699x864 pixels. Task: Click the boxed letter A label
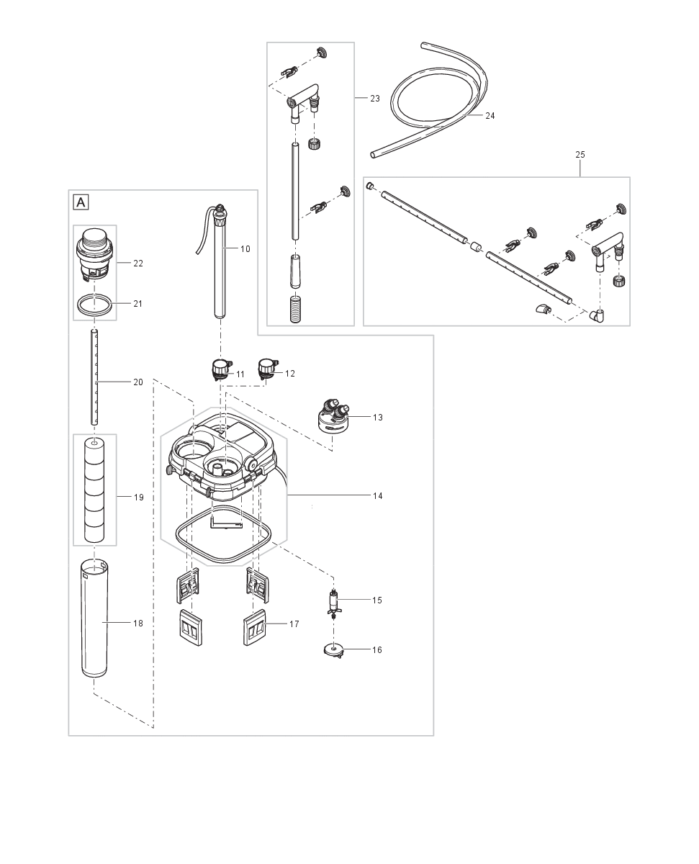(x=81, y=202)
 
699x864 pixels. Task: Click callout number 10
(x=245, y=248)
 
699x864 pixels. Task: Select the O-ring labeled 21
(x=96, y=305)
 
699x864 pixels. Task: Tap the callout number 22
(x=137, y=264)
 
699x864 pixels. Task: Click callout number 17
(x=294, y=624)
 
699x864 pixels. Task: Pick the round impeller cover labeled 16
(x=332, y=650)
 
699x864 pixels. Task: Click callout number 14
(x=377, y=496)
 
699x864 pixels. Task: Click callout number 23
(x=375, y=98)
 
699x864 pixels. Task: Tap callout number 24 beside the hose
(x=490, y=115)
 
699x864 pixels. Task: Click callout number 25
(x=580, y=154)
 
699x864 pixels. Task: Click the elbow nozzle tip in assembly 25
(x=541, y=310)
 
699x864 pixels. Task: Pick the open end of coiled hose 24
(x=374, y=154)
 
